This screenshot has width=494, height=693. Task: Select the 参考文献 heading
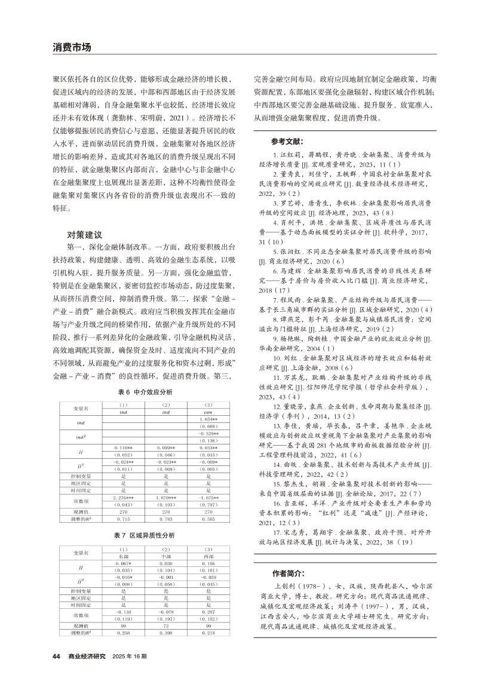point(286,142)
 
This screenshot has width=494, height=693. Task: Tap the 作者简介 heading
point(288,572)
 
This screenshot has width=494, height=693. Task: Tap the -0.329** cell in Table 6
point(208,433)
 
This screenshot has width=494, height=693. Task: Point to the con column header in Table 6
point(208,411)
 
